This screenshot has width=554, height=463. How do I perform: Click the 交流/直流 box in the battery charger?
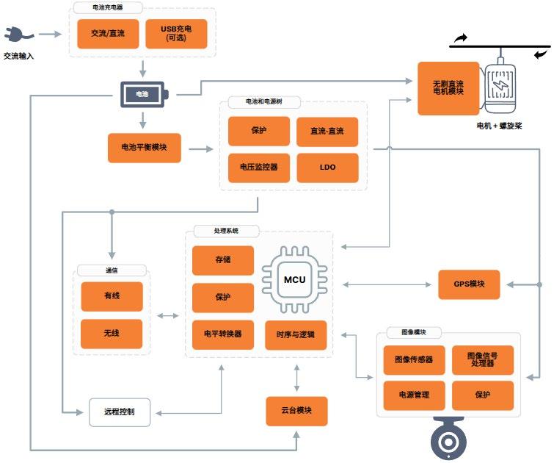pos(108,34)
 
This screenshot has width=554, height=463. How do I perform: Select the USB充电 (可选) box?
pos(176,34)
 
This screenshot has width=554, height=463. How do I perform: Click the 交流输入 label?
pos(19,55)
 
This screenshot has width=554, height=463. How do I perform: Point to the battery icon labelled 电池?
pos(144,94)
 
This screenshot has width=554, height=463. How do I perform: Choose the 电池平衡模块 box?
pos(144,148)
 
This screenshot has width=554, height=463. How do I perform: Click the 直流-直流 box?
pos(327,132)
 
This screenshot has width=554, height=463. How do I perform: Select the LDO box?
pos(327,168)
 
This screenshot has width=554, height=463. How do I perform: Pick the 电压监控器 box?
pos(259,168)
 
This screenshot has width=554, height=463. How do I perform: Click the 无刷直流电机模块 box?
pos(448,89)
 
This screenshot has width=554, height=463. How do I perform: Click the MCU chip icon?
pos(294,280)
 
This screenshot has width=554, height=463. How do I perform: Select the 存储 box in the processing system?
pos(223,260)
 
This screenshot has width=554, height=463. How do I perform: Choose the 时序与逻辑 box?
pos(295,334)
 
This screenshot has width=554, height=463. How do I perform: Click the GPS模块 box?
pos(469,284)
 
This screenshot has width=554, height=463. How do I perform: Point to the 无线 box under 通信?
pos(112,334)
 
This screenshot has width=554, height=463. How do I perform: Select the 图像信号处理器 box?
pos(482,360)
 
